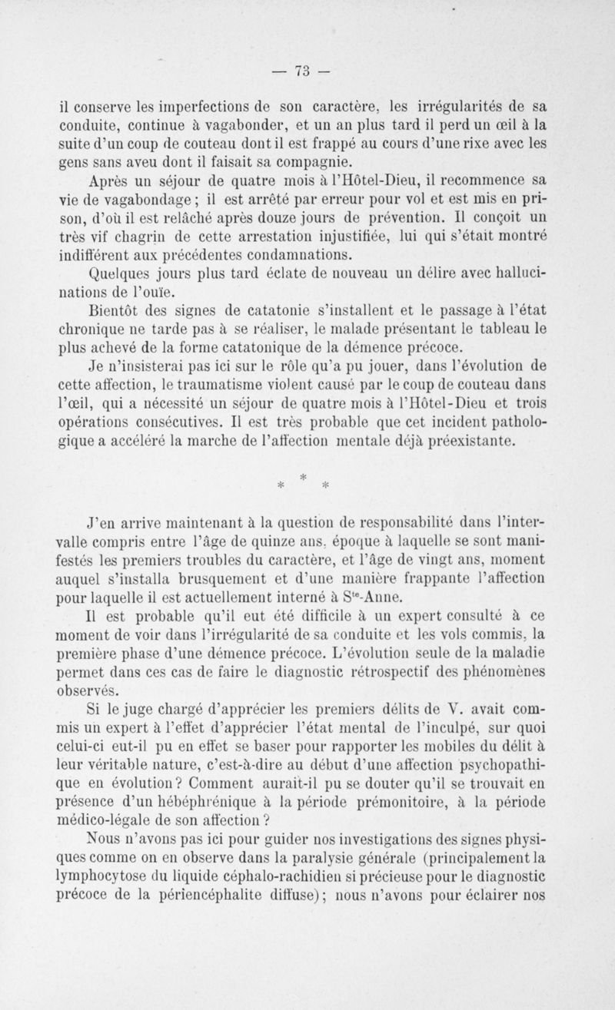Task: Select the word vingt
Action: coord(434,556)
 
